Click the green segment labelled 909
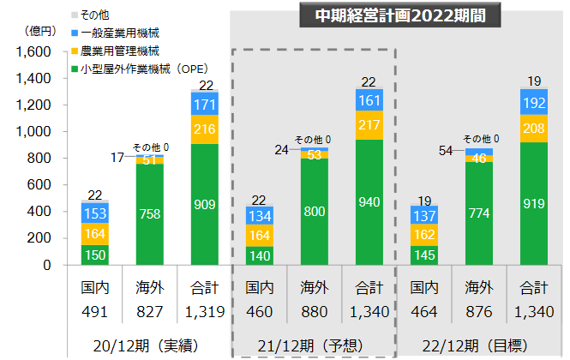(206, 205)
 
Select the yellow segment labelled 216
(206, 129)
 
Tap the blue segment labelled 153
(94, 212)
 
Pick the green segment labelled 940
(369, 202)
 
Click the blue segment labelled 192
(535, 101)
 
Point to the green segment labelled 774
(480, 213)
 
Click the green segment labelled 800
(314, 212)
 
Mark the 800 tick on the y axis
(41, 159)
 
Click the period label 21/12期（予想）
(314, 345)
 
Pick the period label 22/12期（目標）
(480, 345)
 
